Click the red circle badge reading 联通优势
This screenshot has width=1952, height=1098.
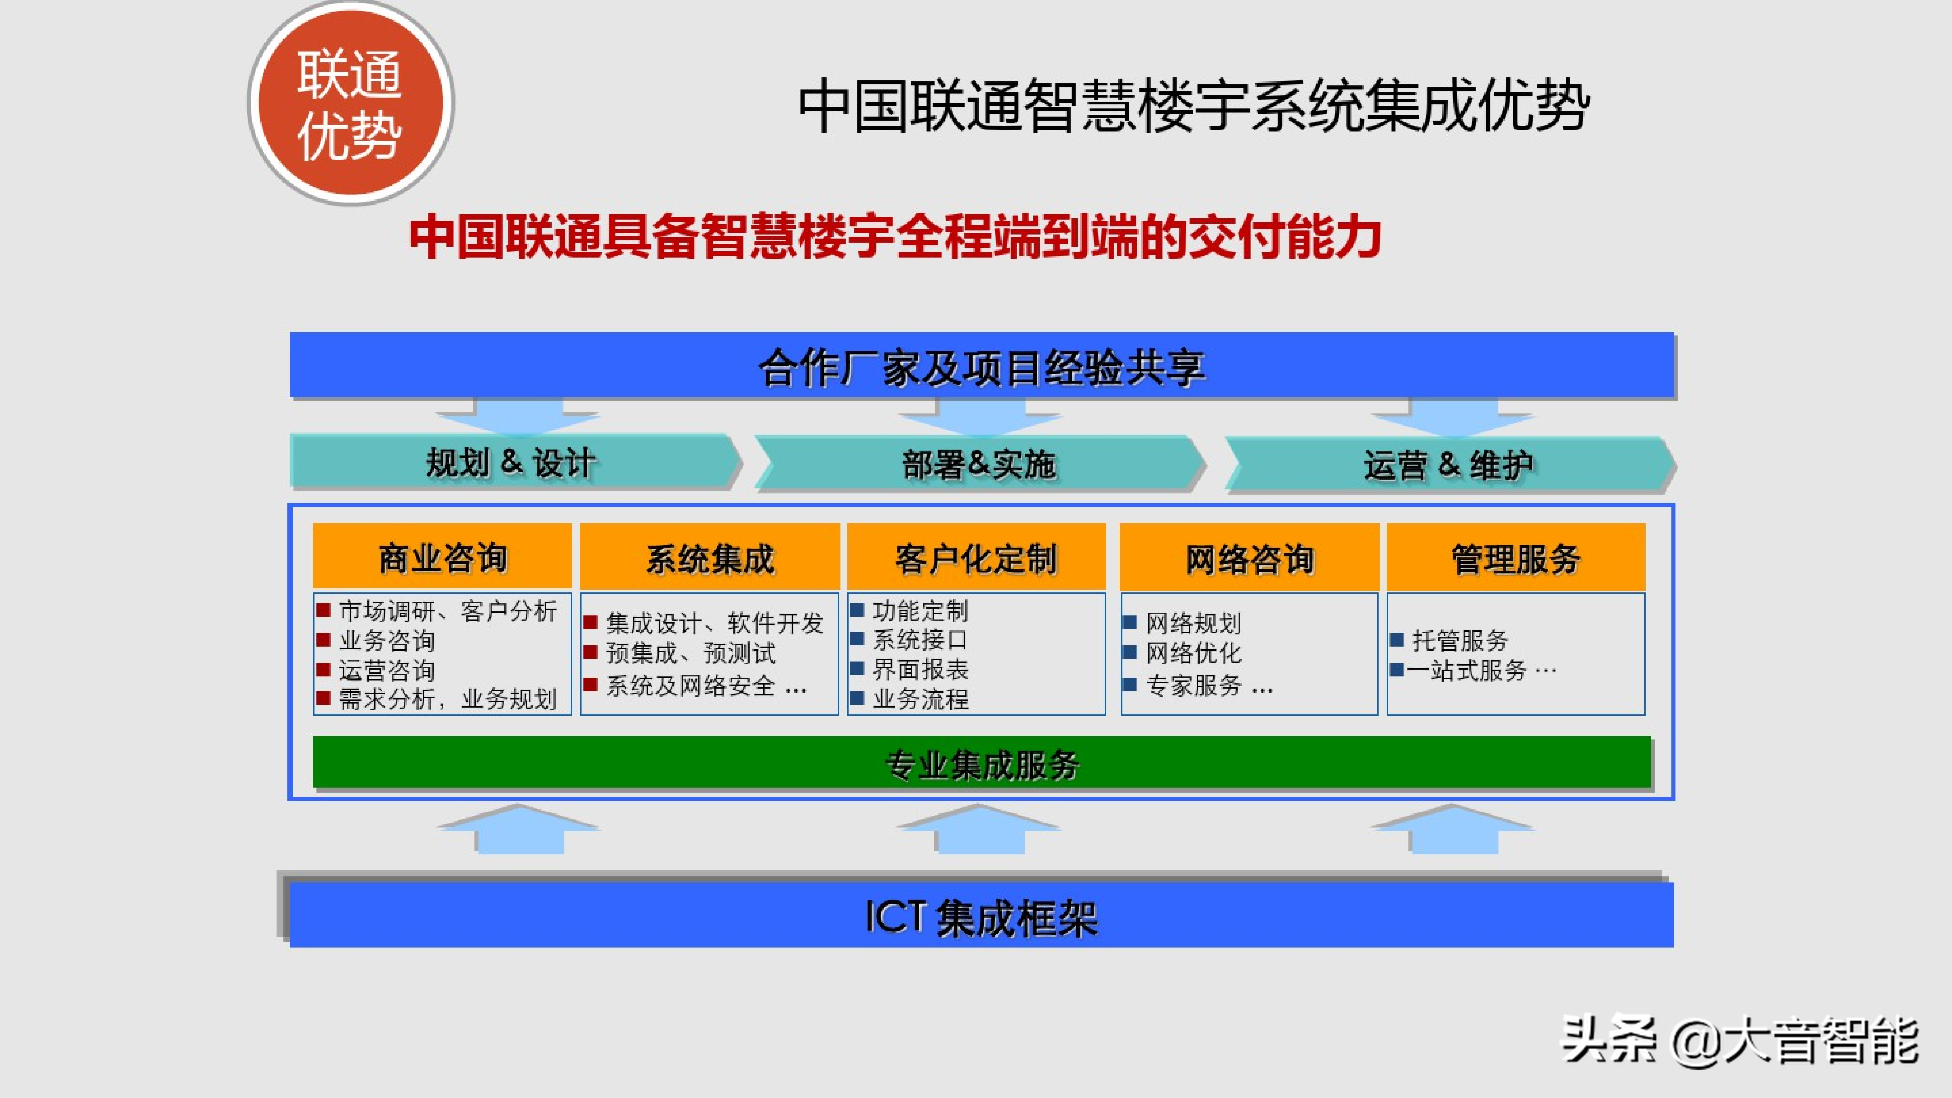(x=351, y=103)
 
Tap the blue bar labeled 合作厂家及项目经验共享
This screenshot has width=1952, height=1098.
(x=982, y=365)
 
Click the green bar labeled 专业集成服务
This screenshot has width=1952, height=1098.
(x=982, y=762)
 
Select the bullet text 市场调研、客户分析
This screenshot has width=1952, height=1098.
(x=448, y=611)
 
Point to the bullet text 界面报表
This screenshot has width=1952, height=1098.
(x=921, y=669)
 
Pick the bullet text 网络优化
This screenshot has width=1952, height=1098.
(x=1194, y=652)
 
